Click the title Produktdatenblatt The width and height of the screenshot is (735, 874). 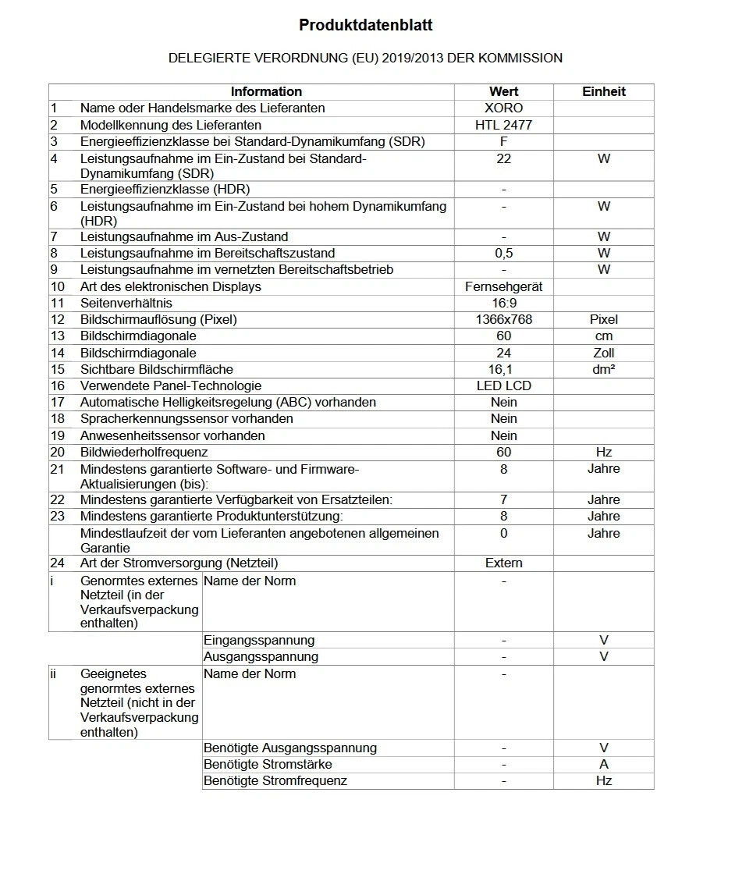pos(366,26)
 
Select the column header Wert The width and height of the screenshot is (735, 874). pos(503,91)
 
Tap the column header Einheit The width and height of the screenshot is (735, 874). pos(604,91)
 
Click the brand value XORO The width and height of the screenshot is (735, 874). pos(503,108)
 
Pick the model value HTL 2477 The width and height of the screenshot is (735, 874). pos(503,125)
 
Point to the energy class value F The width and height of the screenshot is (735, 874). pos(503,141)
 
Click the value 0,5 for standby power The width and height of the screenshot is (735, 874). pos(503,253)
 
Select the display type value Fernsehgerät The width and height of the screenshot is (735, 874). pos(503,286)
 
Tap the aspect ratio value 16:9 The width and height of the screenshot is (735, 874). pos(503,303)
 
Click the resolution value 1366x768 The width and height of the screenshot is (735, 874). pos(503,319)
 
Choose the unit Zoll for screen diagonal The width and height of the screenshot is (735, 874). pos(604,353)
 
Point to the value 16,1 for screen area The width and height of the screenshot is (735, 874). pos(503,369)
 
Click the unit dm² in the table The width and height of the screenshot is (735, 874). pos(604,369)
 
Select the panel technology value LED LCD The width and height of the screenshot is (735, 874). pos(503,385)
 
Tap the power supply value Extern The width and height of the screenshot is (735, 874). pos(503,563)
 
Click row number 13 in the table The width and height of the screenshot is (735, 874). pos(57,336)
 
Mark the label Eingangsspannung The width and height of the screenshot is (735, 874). pos(259,640)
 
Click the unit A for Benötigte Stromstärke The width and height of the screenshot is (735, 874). pos(604,764)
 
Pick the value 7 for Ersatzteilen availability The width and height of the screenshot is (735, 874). pos(503,499)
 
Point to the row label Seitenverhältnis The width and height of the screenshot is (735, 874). pos(126,303)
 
